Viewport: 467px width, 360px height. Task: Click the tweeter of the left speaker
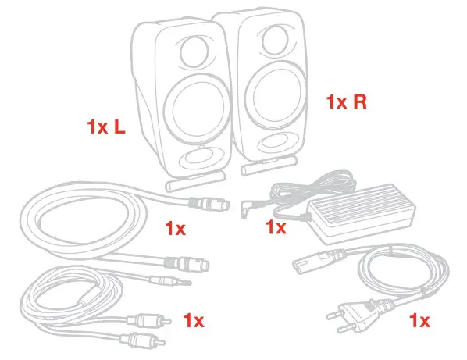click(194, 52)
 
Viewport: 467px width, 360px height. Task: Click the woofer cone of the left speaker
click(197, 109)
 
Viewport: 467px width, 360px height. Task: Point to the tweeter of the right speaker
click(275, 40)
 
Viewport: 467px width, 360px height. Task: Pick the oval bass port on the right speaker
click(274, 142)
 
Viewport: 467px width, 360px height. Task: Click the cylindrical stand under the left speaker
click(195, 181)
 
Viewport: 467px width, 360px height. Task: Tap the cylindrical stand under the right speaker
click(269, 166)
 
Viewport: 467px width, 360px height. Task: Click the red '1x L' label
click(106, 127)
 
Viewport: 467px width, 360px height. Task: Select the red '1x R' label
click(347, 102)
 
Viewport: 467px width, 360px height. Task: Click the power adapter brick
click(361, 212)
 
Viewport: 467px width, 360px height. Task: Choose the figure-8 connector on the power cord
click(319, 258)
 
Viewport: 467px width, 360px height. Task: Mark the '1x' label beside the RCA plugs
click(194, 321)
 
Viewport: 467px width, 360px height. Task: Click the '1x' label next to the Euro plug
click(419, 321)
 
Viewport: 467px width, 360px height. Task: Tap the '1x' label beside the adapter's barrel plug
click(276, 227)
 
